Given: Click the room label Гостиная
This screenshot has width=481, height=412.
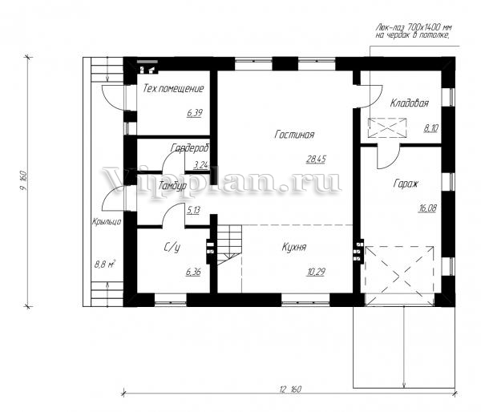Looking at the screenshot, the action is point(294,135).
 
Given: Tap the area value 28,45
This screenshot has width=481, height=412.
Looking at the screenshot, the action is point(316,160).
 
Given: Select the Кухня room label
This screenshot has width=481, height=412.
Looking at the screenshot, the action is point(294,247).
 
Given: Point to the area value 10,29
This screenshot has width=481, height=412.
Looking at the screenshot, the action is point(316,272).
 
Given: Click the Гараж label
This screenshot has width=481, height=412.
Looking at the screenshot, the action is point(406,184).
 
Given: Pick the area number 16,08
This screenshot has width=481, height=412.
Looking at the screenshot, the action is point(427,208).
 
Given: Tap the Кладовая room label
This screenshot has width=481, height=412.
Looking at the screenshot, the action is point(409,103).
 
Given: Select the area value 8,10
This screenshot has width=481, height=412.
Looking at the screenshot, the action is point(430,128).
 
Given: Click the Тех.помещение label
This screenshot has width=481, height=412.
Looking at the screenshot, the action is point(173,88).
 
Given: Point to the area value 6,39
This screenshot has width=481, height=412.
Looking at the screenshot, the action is point(195,113).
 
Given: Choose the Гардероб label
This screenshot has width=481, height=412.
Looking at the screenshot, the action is point(189,147).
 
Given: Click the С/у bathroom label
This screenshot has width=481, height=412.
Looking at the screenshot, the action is point(172,247).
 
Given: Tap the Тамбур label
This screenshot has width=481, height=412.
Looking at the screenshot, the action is point(172,186).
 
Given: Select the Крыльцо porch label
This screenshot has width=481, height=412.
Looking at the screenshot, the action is point(107,221).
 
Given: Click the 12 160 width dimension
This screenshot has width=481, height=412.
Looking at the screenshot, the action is point(290,389).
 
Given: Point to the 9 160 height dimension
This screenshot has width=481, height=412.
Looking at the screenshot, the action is point(24,180).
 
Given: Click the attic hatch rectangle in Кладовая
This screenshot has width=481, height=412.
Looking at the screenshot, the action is point(387,127).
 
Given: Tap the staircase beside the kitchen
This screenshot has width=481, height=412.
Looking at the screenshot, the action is point(229,244).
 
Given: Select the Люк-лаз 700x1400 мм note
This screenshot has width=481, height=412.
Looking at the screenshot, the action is point(413,31).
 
